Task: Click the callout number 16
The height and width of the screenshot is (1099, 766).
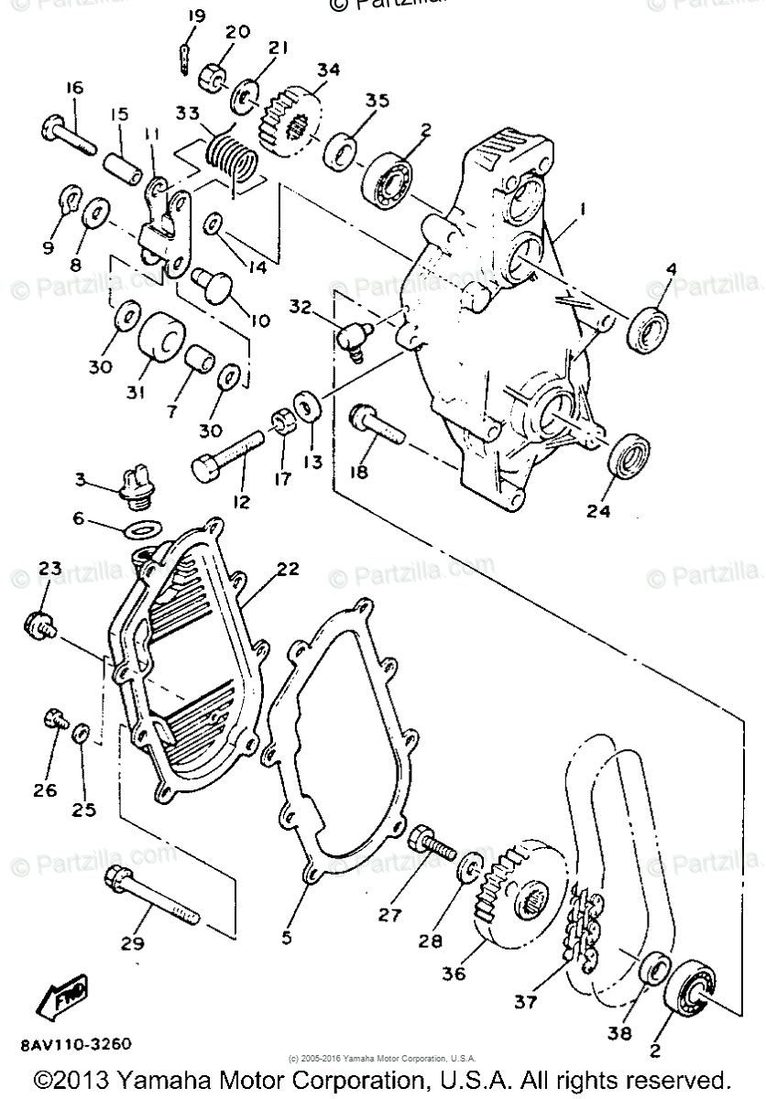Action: [74, 88]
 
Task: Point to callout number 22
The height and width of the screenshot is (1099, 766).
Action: [288, 569]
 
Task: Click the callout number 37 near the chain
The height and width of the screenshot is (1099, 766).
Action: [525, 1003]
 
